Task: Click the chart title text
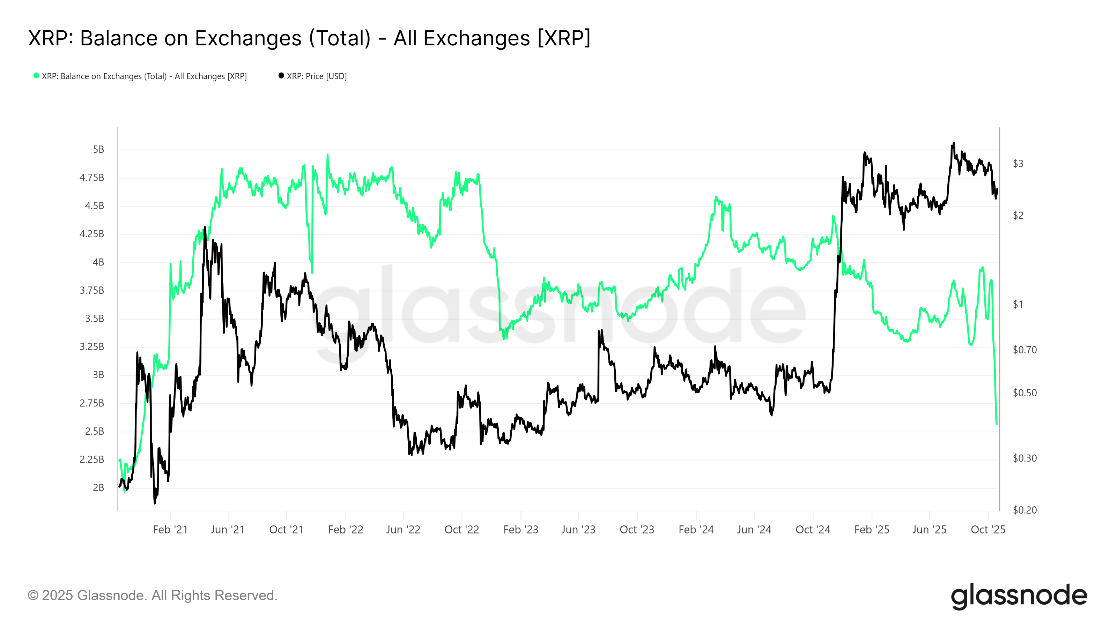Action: point(309,38)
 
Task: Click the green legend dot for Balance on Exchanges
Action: point(36,76)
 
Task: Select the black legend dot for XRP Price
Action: point(281,76)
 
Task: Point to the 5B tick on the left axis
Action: point(98,150)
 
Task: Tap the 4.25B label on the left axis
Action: point(91,234)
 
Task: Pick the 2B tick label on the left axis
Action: point(98,488)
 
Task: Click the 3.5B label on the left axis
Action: point(95,319)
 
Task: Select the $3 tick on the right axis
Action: point(1018,163)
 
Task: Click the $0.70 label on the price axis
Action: point(1024,350)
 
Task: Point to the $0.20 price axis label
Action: point(1024,510)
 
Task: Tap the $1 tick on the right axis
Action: point(1018,304)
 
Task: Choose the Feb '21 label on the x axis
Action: point(170,530)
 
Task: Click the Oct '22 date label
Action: point(461,530)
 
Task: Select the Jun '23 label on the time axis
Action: point(578,530)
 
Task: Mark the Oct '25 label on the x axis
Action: point(987,530)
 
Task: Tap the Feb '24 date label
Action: point(696,530)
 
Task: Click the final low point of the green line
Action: point(997,424)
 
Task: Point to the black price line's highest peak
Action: point(953,143)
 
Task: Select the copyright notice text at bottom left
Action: point(152,596)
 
